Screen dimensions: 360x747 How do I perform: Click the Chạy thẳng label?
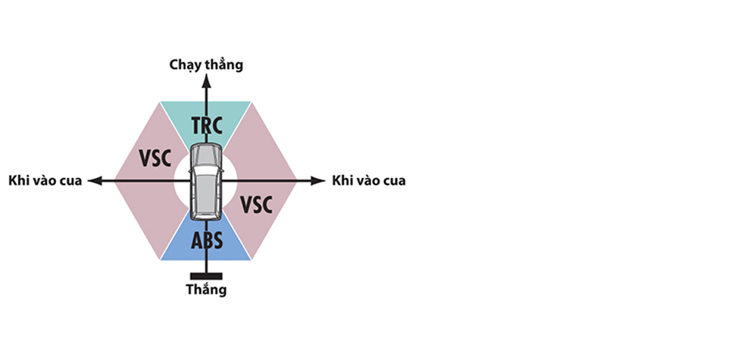[x=206, y=65]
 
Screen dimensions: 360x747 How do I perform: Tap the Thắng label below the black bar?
[x=206, y=290]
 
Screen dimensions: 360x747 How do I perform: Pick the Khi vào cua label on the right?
[x=369, y=180]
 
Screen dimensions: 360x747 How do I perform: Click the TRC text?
[x=206, y=124]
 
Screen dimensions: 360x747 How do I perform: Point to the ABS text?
[x=206, y=241]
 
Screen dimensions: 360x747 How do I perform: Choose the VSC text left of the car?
[x=155, y=157]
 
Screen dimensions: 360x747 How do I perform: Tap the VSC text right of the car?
[x=256, y=203]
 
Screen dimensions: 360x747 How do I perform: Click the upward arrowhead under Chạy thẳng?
[x=206, y=80]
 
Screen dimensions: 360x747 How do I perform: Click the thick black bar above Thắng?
[x=206, y=276]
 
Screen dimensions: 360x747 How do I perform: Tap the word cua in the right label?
[x=393, y=180]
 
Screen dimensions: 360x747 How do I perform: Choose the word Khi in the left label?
[x=18, y=180]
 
